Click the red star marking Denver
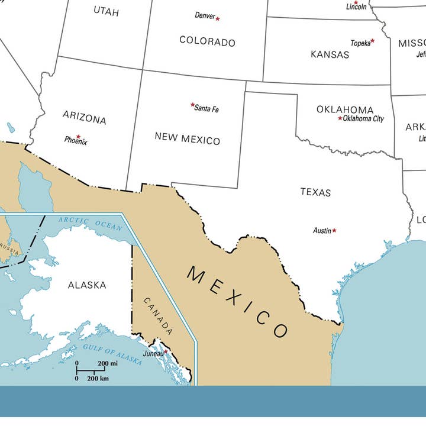[218, 19]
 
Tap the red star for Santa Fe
[193, 105]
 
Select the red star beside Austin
[334, 230]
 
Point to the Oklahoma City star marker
[340, 118]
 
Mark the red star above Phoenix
[78, 137]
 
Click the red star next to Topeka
[372, 41]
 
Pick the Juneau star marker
[166, 351]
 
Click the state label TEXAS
[315, 192]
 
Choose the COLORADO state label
[207, 41]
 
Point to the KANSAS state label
[330, 54]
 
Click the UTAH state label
[106, 11]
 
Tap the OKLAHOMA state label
[345, 109]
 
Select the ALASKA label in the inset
[87, 285]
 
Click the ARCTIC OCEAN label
[90, 224]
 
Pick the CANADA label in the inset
[159, 316]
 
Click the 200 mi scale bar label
[108, 363]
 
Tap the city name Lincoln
[357, 7]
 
